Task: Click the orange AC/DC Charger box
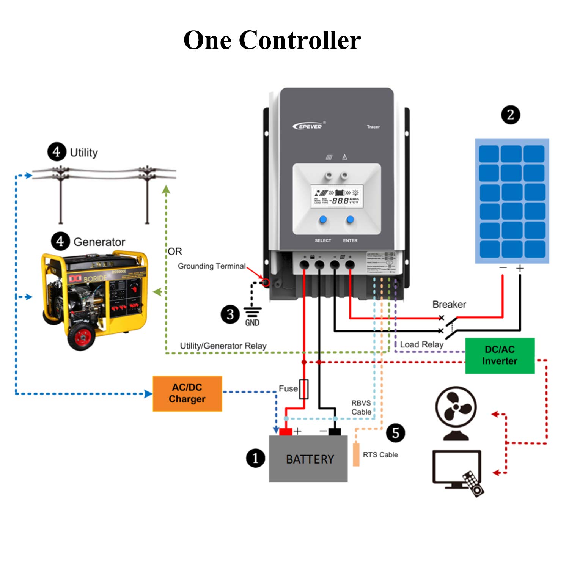click(x=187, y=393)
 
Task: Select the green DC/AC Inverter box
click(x=500, y=355)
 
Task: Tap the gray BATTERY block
click(x=308, y=459)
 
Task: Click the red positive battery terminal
click(x=286, y=431)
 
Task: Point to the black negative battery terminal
click(x=334, y=431)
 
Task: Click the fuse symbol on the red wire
click(x=303, y=389)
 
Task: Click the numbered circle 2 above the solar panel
click(x=511, y=115)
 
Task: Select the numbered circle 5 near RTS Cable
click(x=395, y=433)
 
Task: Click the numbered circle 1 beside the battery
click(x=255, y=458)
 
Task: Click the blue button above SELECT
click(x=323, y=219)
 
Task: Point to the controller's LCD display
click(x=336, y=196)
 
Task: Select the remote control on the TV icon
click(x=473, y=484)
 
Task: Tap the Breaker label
click(x=449, y=304)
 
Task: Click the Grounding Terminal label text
click(x=212, y=266)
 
